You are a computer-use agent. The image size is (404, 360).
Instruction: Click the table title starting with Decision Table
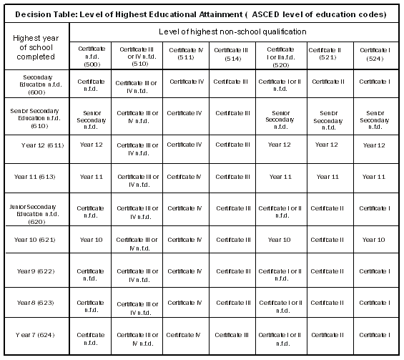202,14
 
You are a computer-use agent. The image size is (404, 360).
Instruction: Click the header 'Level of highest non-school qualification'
234,31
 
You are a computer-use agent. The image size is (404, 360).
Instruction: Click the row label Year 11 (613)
37,176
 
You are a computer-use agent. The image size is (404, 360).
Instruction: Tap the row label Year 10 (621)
37,239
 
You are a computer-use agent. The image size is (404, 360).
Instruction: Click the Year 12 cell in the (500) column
91,145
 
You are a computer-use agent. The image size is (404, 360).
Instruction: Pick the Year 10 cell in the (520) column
280,239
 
